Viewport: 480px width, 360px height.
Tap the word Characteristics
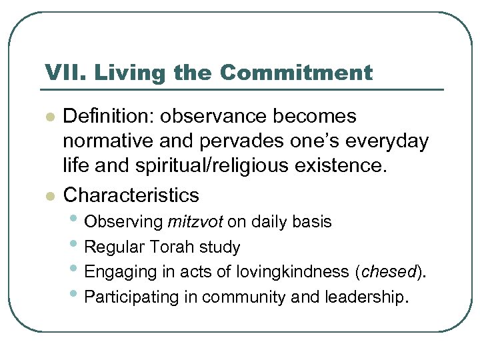(131, 195)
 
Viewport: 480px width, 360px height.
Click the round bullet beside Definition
(48, 117)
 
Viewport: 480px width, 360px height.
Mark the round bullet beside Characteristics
(48, 196)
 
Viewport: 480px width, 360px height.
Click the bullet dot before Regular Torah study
(76, 245)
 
